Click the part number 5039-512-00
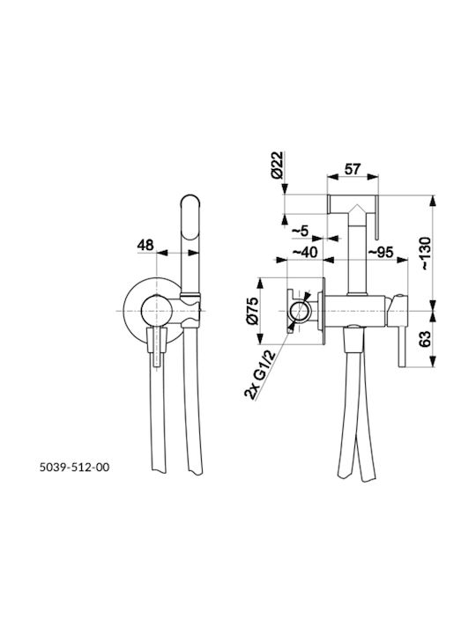tap(74, 467)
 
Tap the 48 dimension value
tap(145, 245)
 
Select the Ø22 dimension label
tap(278, 166)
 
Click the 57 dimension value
tap(353, 168)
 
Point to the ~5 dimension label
tap(301, 231)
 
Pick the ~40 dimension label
tap(305, 252)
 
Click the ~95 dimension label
tap(381, 252)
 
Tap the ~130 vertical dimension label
tap(426, 253)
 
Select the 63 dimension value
tap(425, 339)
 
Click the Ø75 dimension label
tap(252, 311)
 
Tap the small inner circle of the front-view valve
tap(157, 311)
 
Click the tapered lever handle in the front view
tap(157, 347)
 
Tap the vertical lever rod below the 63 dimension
tap(402, 347)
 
